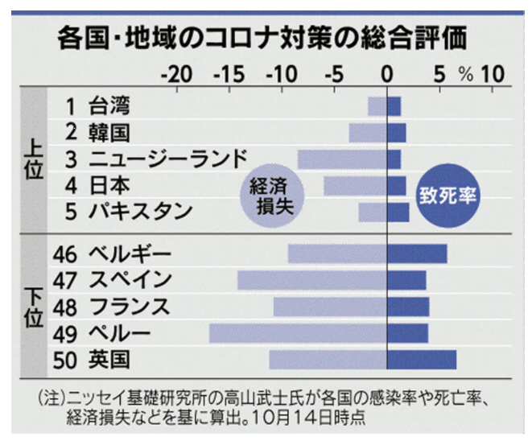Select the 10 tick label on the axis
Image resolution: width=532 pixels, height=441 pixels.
pyautogui.click(x=493, y=74)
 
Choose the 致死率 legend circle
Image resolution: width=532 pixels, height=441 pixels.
pyautogui.click(x=447, y=194)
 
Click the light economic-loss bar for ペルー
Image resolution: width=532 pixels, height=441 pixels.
pyautogui.click(x=298, y=333)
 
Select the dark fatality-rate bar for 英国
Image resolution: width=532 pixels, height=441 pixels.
pyautogui.click(x=422, y=359)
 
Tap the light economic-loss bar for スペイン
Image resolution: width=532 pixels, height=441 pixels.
pyautogui.click(x=312, y=280)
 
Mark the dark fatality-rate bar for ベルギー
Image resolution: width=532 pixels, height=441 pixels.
pyautogui.click(x=417, y=254)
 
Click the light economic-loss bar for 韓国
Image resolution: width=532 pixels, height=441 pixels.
pyautogui.click(x=368, y=132)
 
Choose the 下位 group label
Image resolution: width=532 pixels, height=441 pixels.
pyautogui.click(x=33, y=306)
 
